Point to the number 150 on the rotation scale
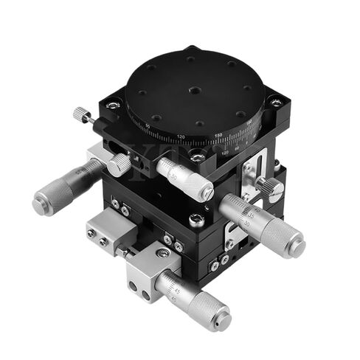coord(218,135)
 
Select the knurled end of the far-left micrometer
coord(48,197)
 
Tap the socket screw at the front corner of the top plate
coord(197,156)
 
